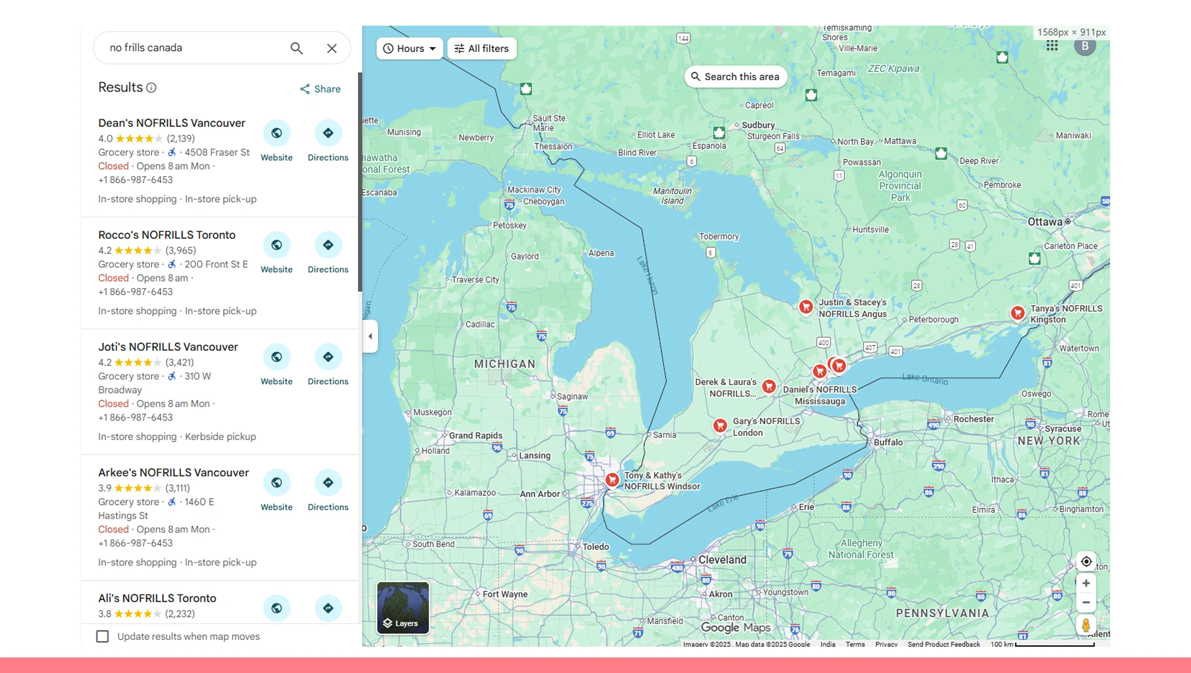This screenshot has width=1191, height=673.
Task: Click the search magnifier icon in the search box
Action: (296, 48)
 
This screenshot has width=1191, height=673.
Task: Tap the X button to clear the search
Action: (332, 48)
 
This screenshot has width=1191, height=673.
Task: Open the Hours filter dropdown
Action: (410, 49)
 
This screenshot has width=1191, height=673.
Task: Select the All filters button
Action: (482, 49)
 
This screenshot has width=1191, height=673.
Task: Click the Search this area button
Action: (735, 77)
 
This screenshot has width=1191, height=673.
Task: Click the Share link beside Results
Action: (320, 89)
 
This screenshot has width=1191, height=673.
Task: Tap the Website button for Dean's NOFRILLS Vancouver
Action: (276, 133)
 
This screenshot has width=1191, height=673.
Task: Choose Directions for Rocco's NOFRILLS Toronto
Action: (328, 245)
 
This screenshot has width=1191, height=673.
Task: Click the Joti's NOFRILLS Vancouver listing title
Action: (168, 347)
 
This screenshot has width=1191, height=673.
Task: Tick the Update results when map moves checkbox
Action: (102, 636)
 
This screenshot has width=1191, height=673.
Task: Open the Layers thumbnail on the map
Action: (403, 608)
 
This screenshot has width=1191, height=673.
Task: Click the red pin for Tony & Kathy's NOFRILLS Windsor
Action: (612, 479)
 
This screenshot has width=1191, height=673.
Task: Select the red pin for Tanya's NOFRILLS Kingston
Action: (1017, 313)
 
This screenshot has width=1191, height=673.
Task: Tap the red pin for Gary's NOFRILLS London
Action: (720, 425)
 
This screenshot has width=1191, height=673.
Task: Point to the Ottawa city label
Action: (1045, 222)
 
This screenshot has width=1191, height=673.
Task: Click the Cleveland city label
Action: (722, 559)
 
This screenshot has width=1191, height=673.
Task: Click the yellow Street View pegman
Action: (1085, 625)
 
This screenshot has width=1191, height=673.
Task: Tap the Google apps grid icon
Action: (1052, 46)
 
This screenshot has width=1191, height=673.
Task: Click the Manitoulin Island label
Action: (672, 196)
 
